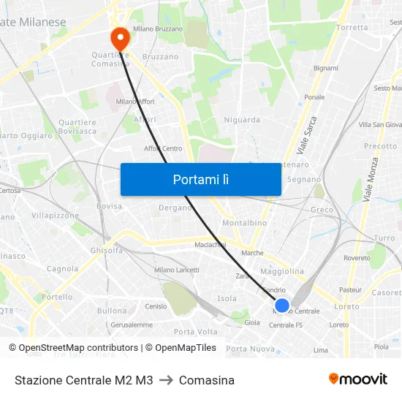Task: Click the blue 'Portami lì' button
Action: coord(200,179)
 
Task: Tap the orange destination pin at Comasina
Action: coord(119,37)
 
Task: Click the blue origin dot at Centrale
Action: coord(282,305)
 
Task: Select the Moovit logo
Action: coord(358,379)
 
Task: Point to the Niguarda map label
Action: coord(242,120)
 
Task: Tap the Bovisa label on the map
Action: coord(109,206)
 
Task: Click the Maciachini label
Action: coord(211,244)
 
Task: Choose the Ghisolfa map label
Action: coord(107,250)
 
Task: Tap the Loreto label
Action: coord(346,306)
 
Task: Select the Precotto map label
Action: coord(380,146)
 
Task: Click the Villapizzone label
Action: coord(55,216)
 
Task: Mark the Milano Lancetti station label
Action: coord(177,270)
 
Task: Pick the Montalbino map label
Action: coord(244,222)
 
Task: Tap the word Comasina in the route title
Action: coord(207,380)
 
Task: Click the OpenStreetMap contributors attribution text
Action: coord(73,348)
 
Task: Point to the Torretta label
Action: coord(353,28)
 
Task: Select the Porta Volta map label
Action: coord(195,331)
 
